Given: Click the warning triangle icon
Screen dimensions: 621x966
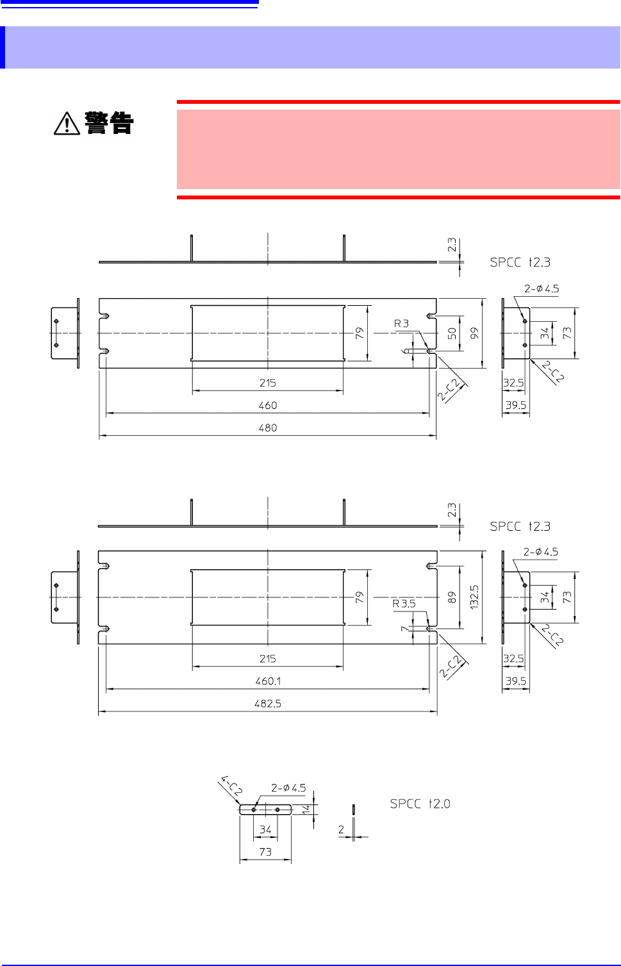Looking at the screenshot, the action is click(x=67, y=123).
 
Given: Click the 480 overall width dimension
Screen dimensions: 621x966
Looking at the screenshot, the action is click(x=267, y=428).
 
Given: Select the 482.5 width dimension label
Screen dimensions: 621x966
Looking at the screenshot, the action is click(x=267, y=704).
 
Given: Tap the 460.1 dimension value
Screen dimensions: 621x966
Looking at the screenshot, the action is click(x=267, y=681).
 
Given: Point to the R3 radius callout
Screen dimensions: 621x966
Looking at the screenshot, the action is click(x=401, y=324).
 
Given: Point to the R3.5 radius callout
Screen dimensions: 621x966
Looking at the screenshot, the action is click(x=404, y=604).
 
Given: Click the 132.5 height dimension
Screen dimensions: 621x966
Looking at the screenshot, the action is click(x=474, y=597).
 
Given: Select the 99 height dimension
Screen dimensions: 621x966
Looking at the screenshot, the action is click(x=474, y=333).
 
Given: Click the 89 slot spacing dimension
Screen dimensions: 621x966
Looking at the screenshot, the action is click(x=452, y=597).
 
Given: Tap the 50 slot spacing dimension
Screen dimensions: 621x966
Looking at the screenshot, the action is click(x=452, y=333).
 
